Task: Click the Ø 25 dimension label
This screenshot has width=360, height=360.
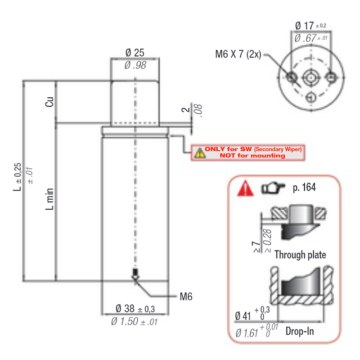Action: point(135,53)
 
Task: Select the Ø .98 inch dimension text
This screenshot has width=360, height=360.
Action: point(135,65)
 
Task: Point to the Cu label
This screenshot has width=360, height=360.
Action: point(49,102)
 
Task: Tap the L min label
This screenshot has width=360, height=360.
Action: point(49,199)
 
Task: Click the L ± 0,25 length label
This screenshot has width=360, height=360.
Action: point(17,177)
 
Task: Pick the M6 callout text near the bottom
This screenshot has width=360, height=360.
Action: point(186,297)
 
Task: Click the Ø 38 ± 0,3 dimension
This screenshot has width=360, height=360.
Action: point(135,309)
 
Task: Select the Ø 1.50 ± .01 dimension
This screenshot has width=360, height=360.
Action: point(134,321)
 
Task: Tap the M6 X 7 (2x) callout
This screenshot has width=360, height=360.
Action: point(238,54)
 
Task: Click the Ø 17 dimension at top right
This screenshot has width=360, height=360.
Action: point(310,26)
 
